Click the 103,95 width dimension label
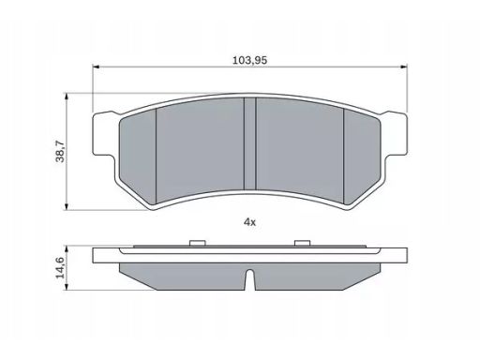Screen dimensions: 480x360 click(x=249, y=60)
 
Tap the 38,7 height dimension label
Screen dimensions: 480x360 click(x=60, y=152)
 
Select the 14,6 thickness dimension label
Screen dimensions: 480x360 click(x=60, y=267)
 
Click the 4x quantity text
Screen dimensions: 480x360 click(x=249, y=222)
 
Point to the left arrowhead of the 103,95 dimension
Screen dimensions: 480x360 click(x=96, y=67)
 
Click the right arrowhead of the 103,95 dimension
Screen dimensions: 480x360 click(x=404, y=67)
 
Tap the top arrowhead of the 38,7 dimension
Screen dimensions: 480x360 click(x=66, y=97)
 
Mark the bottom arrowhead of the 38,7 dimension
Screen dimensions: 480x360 click(x=66, y=207)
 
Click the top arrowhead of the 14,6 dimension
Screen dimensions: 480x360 click(x=66, y=248)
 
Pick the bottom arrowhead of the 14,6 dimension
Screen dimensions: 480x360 click(x=66, y=287)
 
